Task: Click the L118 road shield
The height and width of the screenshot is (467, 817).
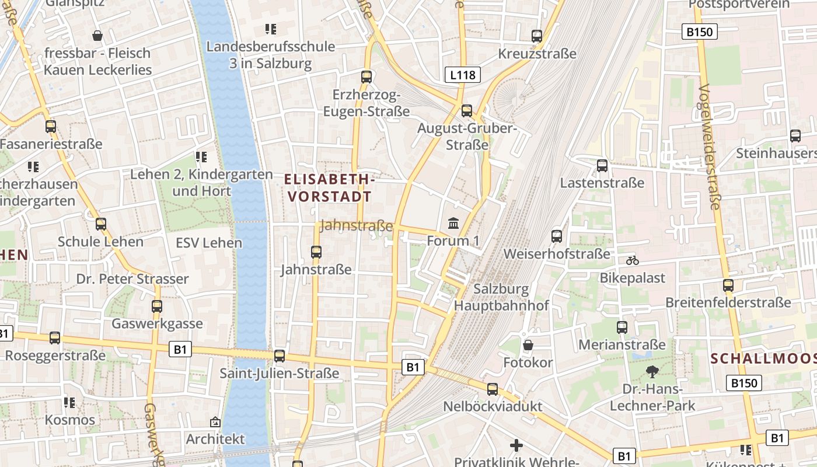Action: point(463,75)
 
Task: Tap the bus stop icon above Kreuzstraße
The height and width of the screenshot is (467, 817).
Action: point(537,36)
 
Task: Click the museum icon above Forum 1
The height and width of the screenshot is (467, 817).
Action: point(453,223)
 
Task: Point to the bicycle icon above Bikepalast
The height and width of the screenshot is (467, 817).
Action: point(633,260)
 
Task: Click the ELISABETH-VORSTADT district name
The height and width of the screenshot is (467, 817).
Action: point(330,187)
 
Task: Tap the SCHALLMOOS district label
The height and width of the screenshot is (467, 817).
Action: point(763,358)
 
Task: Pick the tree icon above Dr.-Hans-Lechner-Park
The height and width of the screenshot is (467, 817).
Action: point(652,372)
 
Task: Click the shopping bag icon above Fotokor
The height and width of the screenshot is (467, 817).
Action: point(528,345)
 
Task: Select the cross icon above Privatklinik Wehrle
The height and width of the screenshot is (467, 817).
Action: point(516,445)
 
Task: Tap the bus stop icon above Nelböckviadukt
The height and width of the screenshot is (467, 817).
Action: point(493,389)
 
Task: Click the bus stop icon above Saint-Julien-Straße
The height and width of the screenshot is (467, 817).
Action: point(280,356)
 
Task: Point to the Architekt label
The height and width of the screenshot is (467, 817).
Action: point(215,439)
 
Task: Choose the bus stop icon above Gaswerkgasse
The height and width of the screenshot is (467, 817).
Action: point(157,306)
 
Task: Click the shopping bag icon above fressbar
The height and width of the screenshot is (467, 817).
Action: point(97,36)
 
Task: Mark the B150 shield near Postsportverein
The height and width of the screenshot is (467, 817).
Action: point(699,32)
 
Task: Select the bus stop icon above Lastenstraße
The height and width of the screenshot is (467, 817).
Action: point(602,166)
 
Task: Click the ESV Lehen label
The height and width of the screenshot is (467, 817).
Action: point(209,243)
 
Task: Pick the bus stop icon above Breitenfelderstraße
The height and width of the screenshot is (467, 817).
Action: point(728,285)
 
